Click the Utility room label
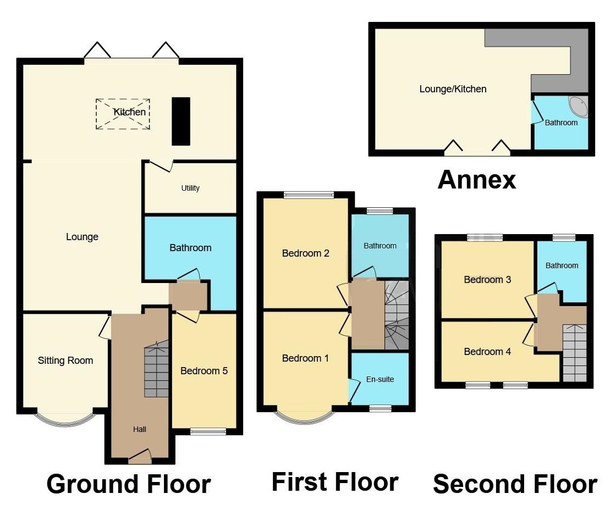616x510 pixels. click(190, 188)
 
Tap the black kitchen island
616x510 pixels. click(181, 121)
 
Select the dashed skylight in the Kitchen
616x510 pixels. click(123, 114)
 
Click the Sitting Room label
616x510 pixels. click(65, 361)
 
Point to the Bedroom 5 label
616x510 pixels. click(204, 371)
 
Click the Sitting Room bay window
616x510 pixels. click(65, 419)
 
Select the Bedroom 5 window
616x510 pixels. click(208, 431)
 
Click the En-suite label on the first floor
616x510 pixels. click(381, 379)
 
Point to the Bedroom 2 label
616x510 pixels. click(306, 253)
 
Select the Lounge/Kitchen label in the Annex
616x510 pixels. click(453, 88)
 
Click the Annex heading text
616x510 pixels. click(477, 180)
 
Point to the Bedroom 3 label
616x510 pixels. click(487, 280)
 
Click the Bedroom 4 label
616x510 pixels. click(487, 352)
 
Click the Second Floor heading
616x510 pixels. click(515, 484)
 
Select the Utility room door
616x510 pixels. click(161, 165)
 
